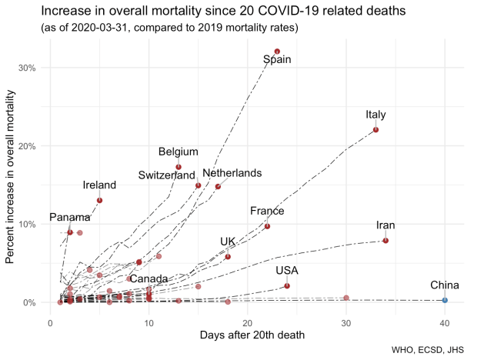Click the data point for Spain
click(x=277, y=52)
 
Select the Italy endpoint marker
click(x=375, y=130)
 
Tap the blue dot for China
click(x=445, y=300)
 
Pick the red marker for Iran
click(x=386, y=241)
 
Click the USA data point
click(x=287, y=285)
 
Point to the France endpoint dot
click(x=267, y=226)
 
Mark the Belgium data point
click(x=179, y=167)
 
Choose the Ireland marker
click(x=100, y=201)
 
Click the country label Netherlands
click(x=232, y=174)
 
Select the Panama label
click(x=69, y=218)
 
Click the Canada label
click(x=149, y=278)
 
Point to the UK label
click(x=228, y=242)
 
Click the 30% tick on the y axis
click(x=28, y=68)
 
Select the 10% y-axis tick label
click(x=28, y=225)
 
